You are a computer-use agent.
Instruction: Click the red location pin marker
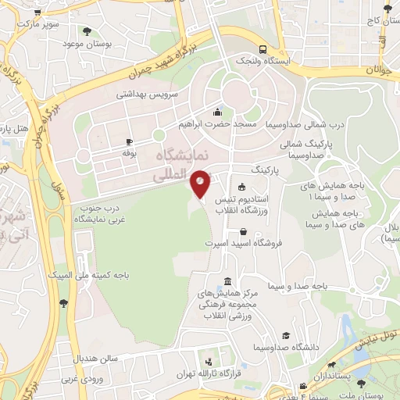point(201,183)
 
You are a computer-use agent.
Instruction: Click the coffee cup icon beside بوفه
point(129,141)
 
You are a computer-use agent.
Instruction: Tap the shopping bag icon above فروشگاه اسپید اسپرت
point(244,230)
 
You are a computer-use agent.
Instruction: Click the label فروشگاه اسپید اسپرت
point(244,244)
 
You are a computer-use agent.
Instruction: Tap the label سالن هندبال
point(95,358)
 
